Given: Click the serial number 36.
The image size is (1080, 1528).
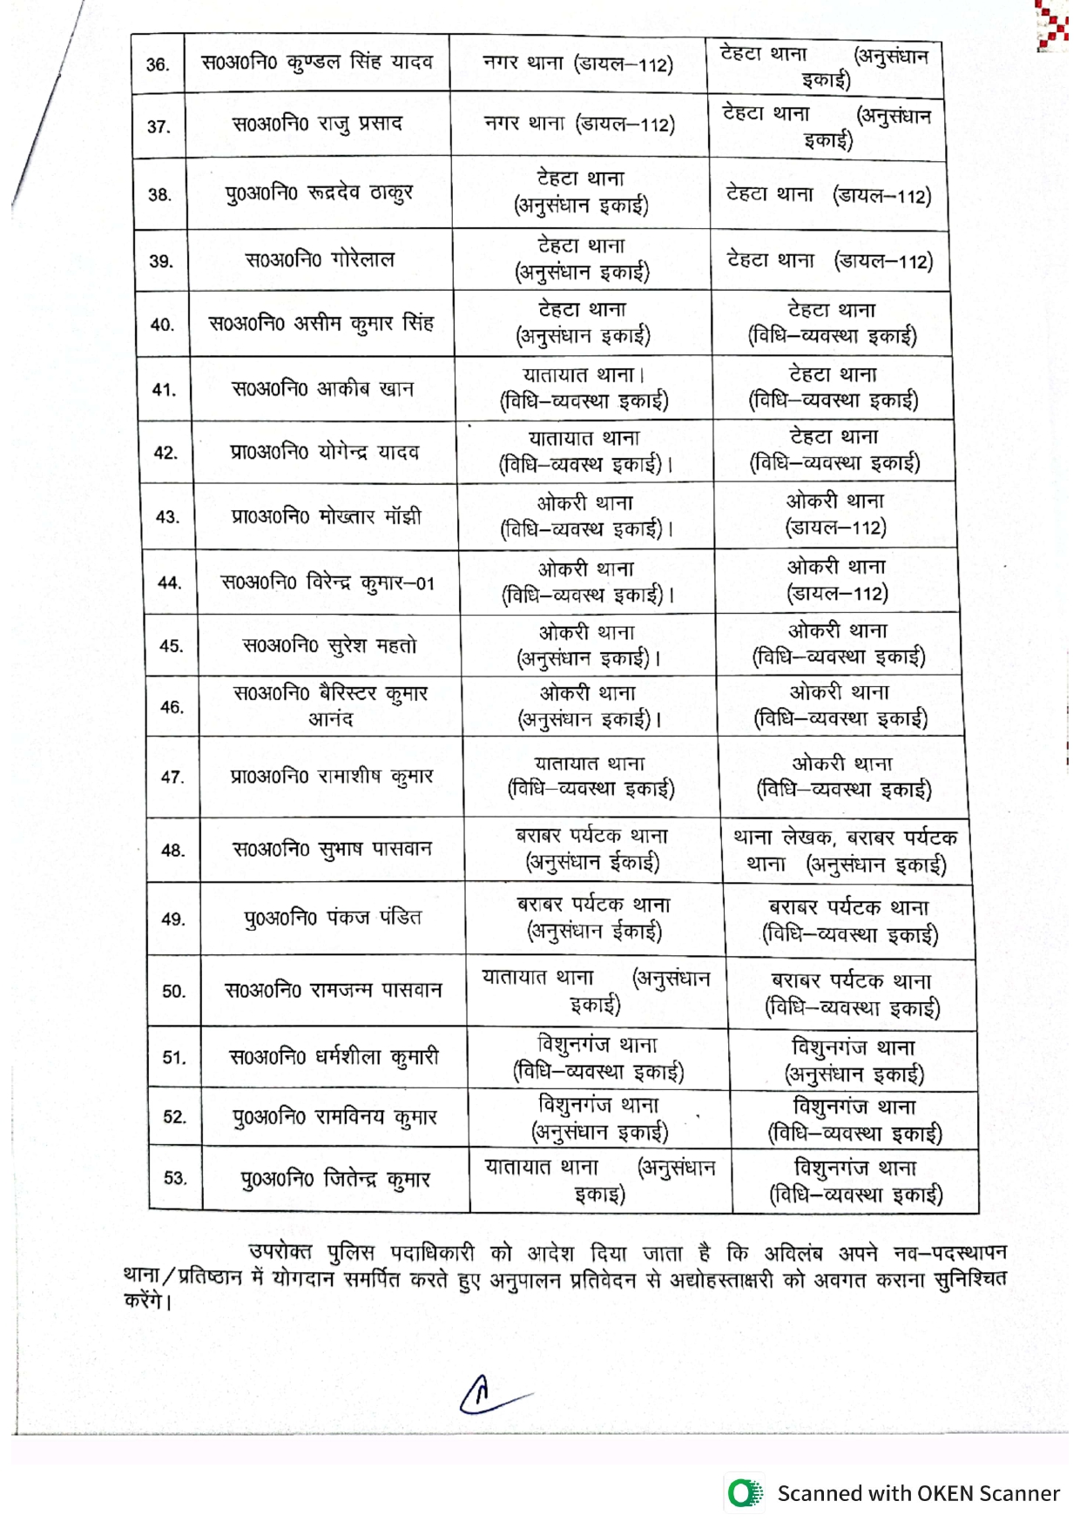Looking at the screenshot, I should pyautogui.click(x=158, y=64).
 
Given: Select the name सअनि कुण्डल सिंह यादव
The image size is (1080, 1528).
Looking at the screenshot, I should pyautogui.click(x=317, y=63).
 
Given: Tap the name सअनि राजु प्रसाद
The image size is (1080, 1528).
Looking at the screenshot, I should pyautogui.click(x=317, y=124).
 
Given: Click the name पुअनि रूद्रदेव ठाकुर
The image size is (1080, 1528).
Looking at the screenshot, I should pyautogui.click(x=319, y=192).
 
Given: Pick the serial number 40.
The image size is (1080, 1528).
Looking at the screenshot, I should pyautogui.click(x=162, y=325).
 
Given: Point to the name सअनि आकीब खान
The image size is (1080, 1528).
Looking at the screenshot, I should pyautogui.click(x=322, y=388).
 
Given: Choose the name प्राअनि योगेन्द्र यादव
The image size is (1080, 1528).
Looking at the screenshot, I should pyautogui.click(x=325, y=452).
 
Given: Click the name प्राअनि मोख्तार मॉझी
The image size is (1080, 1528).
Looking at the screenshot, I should pyautogui.click(x=327, y=516).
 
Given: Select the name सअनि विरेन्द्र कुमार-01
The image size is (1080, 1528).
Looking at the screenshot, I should pyautogui.click(x=327, y=582).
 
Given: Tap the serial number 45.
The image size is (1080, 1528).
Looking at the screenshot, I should pyautogui.click(x=171, y=646).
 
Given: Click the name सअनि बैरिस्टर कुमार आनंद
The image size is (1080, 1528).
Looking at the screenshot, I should pyautogui.click(x=330, y=706).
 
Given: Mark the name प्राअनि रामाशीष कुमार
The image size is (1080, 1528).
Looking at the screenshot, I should pyautogui.click(x=331, y=776).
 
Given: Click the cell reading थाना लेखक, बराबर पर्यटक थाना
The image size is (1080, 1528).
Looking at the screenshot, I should pyautogui.click(x=846, y=851).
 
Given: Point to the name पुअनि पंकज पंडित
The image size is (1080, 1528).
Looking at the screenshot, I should pyautogui.click(x=333, y=918).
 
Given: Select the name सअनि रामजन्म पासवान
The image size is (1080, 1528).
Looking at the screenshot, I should pyautogui.click(x=334, y=990).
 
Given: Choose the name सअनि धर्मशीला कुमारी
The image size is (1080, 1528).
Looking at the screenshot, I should pyautogui.click(x=334, y=1057).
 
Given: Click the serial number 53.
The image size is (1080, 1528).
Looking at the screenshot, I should pyautogui.click(x=175, y=1178).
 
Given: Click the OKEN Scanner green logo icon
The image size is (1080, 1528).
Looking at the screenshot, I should pyautogui.click(x=745, y=1492).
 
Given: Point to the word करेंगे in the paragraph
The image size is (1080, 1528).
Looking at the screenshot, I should pyautogui.click(x=148, y=1302).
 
